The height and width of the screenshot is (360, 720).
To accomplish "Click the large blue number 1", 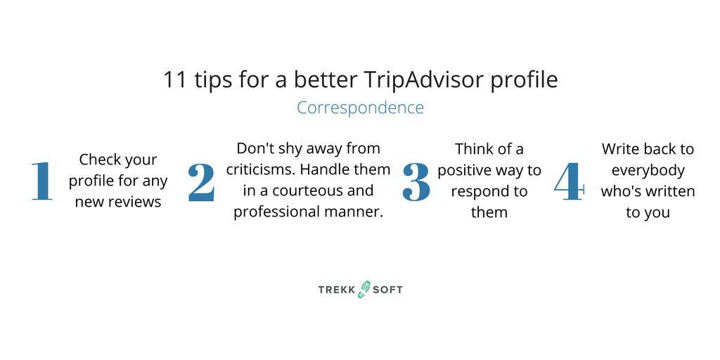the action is [41, 181].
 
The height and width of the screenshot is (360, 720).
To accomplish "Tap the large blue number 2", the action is [201, 182].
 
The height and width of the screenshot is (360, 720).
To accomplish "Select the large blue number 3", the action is [416, 182].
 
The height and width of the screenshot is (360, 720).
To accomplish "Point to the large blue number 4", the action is [570, 181].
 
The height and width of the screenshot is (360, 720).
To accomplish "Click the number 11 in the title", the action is [174, 80].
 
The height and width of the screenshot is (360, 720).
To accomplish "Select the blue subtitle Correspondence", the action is [360, 108].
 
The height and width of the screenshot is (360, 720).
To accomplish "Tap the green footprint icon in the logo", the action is [364, 289].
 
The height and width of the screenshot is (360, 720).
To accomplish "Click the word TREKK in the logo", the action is [337, 290].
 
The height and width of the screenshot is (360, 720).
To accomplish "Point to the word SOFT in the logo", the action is [387, 290].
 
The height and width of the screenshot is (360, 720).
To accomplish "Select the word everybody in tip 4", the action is [648, 171].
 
